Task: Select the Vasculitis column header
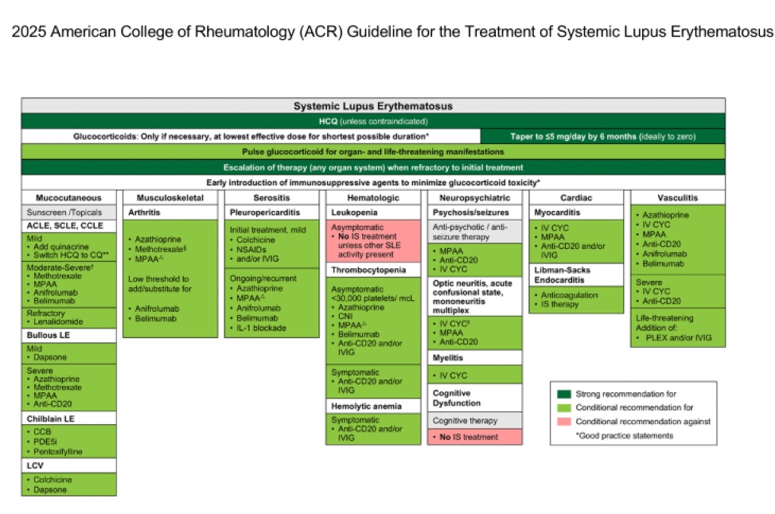(678, 197)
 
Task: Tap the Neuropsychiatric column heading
(474, 197)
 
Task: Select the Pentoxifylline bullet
(58, 452)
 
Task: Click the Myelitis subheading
(449, 358)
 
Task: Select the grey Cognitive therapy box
(465, 420)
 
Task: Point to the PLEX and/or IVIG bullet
(678, 338)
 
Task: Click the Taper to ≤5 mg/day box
(602, 136)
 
